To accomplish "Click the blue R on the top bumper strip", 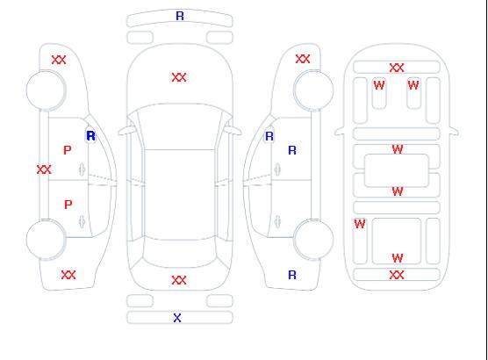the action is (x=180, y=16).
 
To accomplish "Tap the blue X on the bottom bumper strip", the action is (x=177, y=318).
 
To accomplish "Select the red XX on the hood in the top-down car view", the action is (x=179, y=77).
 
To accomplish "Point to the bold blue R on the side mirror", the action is (x=90, y=136).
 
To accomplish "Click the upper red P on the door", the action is (x=68, y=150).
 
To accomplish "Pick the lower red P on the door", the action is (x=68, y=205).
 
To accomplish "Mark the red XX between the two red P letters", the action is (x=44, y=169).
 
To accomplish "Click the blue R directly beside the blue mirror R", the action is (x=292, y=150).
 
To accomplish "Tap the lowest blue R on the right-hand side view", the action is (x=292, y=275).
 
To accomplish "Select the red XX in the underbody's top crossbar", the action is (x=397, y=68).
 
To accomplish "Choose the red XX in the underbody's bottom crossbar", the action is (x=397, y=275).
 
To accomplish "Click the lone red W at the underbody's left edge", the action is (x=360, y=224).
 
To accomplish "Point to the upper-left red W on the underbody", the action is (x=379, y=85).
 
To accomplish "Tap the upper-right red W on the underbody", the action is (x=413, y=85).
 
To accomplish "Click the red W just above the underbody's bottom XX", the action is (x=398, y=258).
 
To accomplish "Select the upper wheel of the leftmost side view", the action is (x=46, y=90).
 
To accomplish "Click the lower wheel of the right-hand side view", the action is (x=313, y=240).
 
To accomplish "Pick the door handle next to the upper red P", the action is (x=82, y=169).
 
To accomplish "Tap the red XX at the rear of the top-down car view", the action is (x=179, y=280).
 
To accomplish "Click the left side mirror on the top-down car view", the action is (x=126, y=131).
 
